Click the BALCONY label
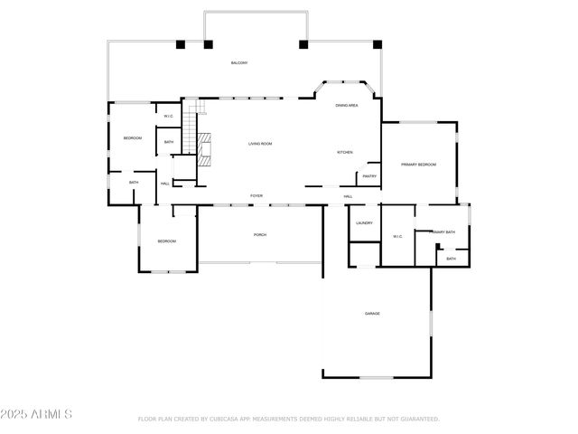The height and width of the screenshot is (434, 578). click(238, 62)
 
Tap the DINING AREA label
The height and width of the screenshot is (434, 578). click(347, 106)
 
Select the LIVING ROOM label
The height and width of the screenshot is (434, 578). click(260, 144)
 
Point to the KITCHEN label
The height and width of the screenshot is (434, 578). click(345, 152)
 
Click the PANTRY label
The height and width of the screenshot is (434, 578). click(369, 176)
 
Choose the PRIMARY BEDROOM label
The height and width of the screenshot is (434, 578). click(418, 165)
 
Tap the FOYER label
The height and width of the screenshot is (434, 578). click(256, 195)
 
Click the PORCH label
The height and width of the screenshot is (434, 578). click(260, 235)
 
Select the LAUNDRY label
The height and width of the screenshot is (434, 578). click(364, 222)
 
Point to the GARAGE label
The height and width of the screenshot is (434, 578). click(372, 314)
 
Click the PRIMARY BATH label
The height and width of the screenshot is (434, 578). click(443, 232)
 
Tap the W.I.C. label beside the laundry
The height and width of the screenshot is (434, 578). click(397, 237)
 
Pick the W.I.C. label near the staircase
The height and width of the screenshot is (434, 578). click(169, 117)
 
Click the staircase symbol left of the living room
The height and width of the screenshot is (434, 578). click(190, 131)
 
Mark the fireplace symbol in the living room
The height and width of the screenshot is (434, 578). click(205, 146)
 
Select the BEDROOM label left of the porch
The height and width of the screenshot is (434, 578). click(166, 241)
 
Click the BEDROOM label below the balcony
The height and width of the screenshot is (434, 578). click(133, 137)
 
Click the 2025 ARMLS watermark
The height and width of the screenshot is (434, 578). click(37, 414)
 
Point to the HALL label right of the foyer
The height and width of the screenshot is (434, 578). click(348, 196)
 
